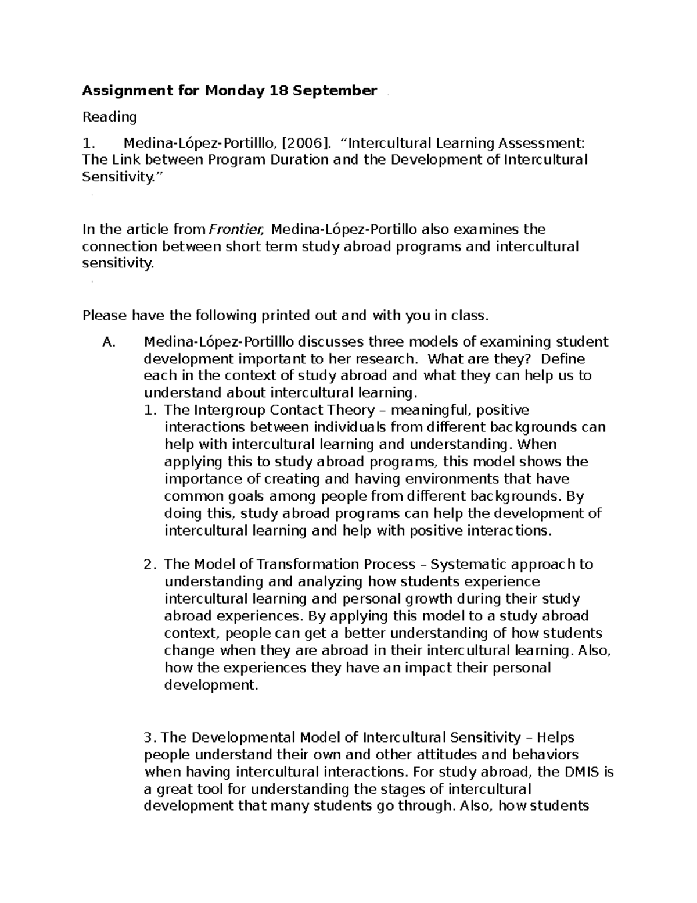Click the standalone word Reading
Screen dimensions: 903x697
tap(109, 117)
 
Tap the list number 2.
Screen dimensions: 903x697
tap(149, 565)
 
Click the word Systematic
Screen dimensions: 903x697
tap(470, 565)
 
